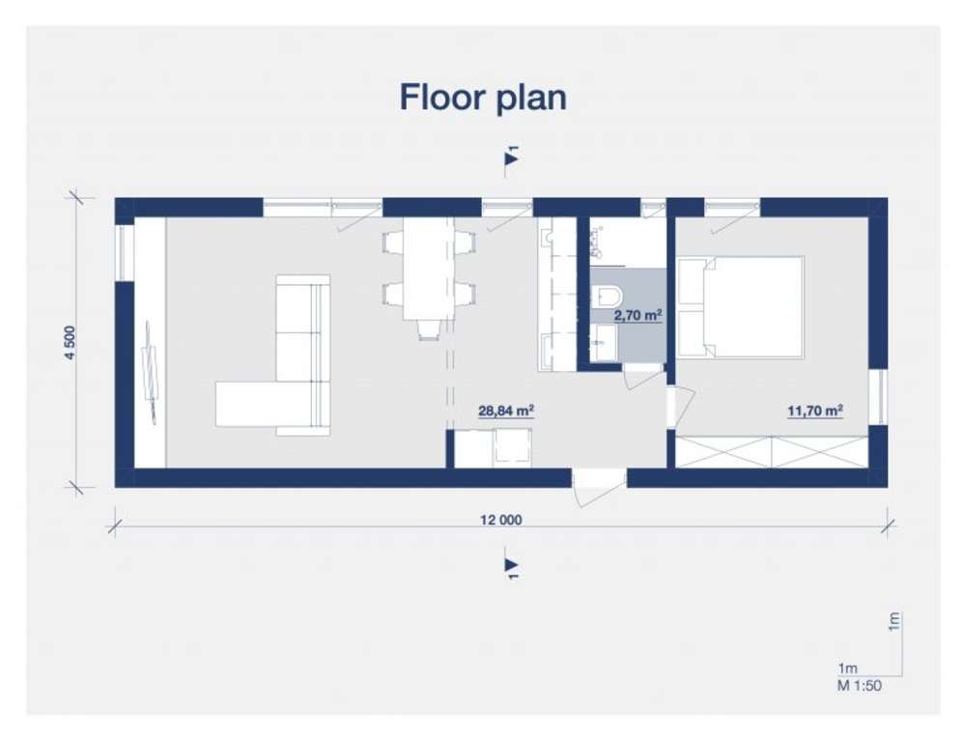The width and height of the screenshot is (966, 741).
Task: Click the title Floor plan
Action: click(x=483, y=99)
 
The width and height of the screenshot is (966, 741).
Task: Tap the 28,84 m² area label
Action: click(x=506, y=411)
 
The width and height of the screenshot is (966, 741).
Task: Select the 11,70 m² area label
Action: click(x=815, y=411)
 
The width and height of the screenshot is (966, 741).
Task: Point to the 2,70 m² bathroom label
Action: click(x=638, y=316)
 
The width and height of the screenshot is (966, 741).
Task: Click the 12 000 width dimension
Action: click(x=500, y=520)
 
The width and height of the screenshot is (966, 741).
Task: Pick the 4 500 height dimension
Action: click(x=70, y=342)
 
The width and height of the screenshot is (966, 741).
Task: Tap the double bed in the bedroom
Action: click(x=741, y=307)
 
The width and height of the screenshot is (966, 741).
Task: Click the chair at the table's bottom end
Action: click(x=429, y=329)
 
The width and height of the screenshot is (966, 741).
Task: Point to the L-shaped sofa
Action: click(x=273, y=356)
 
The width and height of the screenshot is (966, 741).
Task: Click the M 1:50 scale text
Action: click(x=859, y=685)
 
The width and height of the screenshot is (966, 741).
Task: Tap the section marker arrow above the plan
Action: click(x=511, y=158)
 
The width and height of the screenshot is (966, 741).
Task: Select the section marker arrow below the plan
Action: click(x=511, y=565)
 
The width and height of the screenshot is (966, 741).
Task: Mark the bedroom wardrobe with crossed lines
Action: click(x=772, y=452)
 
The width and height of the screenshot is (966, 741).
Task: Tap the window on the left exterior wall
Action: click(x=125, y=252)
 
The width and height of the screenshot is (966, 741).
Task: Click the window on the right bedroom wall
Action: click(x=878, y=397)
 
